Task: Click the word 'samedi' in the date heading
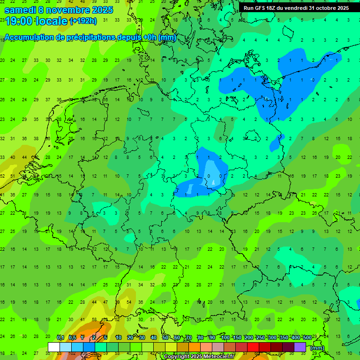tap(20, 9)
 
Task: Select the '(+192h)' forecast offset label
tap(83, 21)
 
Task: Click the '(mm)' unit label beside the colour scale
tap(317, 347)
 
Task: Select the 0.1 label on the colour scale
tap(60, 337)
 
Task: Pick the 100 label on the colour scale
tap(225, 337)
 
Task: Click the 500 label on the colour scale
tap(307, 337)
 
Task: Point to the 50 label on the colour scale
tap(165, 337)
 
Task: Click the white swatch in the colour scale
tap(54, 347)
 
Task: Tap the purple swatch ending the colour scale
tap(300, 347)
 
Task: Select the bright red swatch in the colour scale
tap(253, 347)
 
